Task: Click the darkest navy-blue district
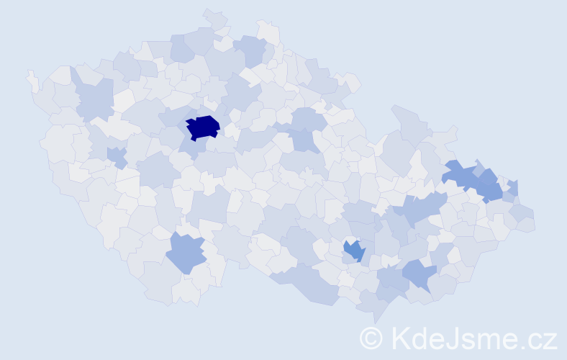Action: pyautogui.click(x=203, y=127)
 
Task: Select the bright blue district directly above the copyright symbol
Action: pyautogui.click(x=354, y=251)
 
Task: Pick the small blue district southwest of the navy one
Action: pyautogui.click(x=117, y=156)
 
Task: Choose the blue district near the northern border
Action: pyautogui.click(x=251, y=50)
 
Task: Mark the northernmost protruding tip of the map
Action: pyautogui.click(x=210, y=12)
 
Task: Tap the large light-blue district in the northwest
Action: pyautogui.click(x=94, y=99)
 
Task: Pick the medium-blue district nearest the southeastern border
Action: pyautogui.click(x=418, y=274)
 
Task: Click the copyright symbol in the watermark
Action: pyautogui.click(x=371, y=338)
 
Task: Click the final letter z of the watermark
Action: pyautogui.click(x=550, y=341)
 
